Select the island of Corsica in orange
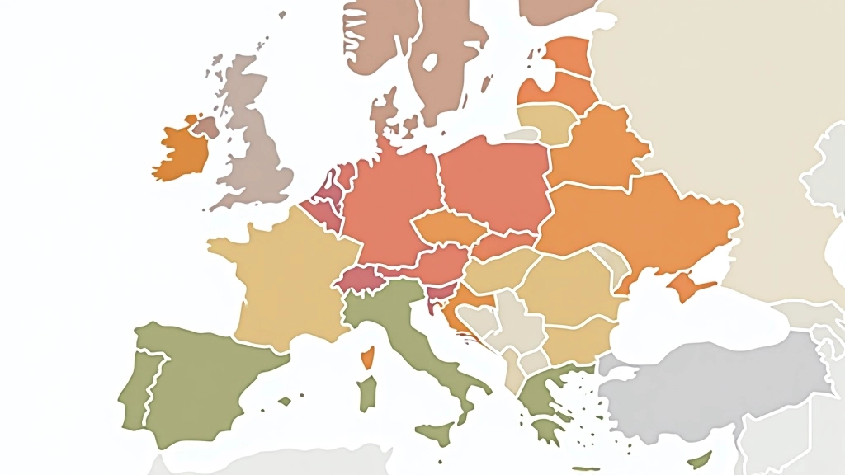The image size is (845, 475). pos(367,357)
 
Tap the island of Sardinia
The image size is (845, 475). pos(366,393)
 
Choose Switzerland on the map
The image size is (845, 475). pos(357,279)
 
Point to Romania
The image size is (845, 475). pos(569,285)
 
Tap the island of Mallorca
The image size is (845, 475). pos(285,402)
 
